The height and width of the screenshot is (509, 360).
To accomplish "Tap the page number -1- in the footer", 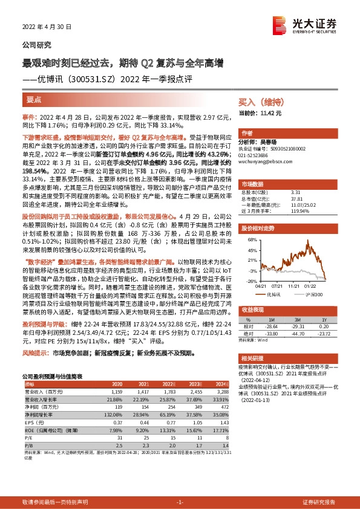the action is tap(179, 502).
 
